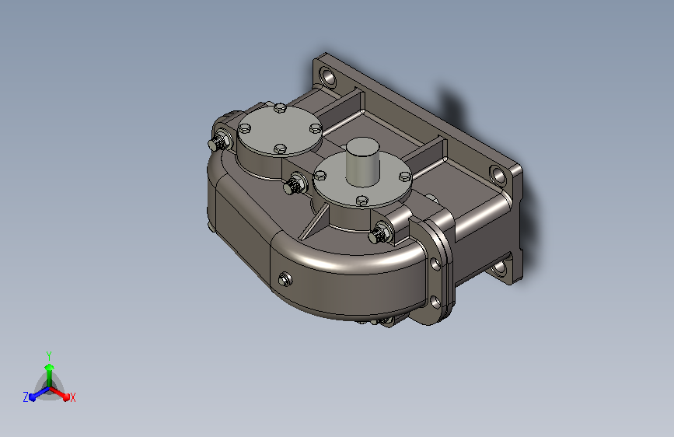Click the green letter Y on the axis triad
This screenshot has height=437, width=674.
pyautogui.click(x=49, y=354)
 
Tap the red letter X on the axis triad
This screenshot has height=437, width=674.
pyautogui.click(x=72, y=397)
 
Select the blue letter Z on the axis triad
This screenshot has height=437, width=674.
pyautogui.click(x=26, y=397)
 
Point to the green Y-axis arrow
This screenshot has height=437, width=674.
pyautogui.click(x=49, y=369)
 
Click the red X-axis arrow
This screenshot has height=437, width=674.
pyautogui.click(x=62, y=394)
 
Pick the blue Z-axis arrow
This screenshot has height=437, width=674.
pyautogui.click(x=36, y=395)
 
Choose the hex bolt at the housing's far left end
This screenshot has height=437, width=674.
pyautogui.click(x=218, y=142)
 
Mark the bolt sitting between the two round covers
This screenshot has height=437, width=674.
pyautogui.click(x=294, y=185)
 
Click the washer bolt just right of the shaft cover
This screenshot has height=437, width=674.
pyautogui.click(x=382, y=231)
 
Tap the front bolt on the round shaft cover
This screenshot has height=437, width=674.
pyautogui.click(x=361, y=201)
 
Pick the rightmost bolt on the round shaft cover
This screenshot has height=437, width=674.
pyautogui.click(x=405, y=176)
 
